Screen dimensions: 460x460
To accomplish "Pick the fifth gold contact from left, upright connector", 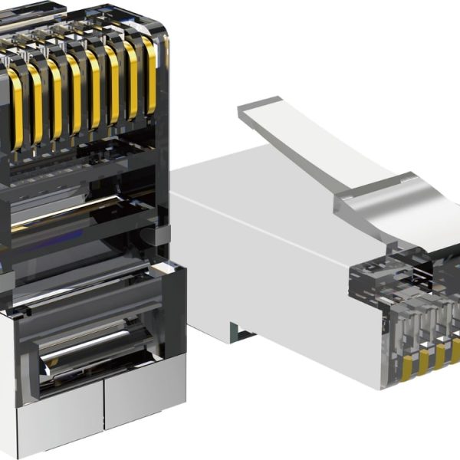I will pyautogui.click(x=94, y=90).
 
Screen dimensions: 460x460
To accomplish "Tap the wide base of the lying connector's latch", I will pyautogui.click(x=391, y=203).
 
